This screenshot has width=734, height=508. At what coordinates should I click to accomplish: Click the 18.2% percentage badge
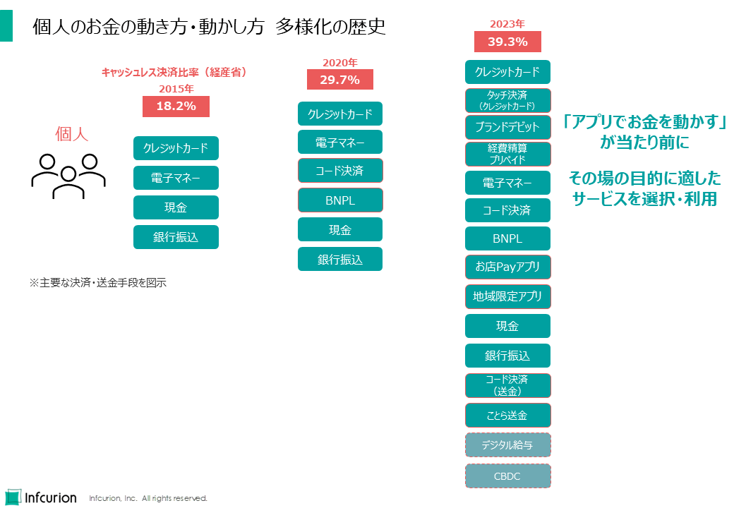click(x=176, y=107)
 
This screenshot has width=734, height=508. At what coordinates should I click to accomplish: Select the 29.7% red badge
click(x=339, y=80)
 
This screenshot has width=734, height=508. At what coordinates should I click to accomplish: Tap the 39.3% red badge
click(x=507, y=42)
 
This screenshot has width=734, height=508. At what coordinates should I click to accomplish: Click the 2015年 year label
click(x=176, y=89)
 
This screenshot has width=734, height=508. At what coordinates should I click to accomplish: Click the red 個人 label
click(x=72, y=134)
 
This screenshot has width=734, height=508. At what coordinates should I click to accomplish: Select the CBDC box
click(x=507, y=476)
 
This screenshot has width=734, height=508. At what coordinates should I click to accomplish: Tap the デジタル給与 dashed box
click(x=507, y=445)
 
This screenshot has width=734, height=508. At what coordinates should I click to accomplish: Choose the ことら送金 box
click(x=507, y=416)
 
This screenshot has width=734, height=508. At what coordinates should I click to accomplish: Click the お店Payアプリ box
click(x=507, y=267)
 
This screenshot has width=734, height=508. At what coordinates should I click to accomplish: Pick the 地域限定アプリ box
click(x=507, y=297)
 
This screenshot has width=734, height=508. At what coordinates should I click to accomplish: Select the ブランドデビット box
click(x=507, y=128)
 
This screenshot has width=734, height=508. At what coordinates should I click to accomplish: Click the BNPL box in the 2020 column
click(x=340, y=200)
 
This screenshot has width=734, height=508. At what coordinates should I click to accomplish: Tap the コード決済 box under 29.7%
click(x=340, y=171)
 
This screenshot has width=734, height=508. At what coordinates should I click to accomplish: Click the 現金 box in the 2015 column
click(x=176, y=208)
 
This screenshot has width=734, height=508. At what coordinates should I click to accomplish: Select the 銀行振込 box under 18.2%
click(x=176, y=238)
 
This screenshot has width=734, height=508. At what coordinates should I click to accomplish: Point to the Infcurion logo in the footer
click(x=41, y=497)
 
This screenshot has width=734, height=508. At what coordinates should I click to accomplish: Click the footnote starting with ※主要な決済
click(x=97, y=283)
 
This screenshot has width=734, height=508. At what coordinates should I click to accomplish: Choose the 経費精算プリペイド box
click(x=507, y=154)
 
